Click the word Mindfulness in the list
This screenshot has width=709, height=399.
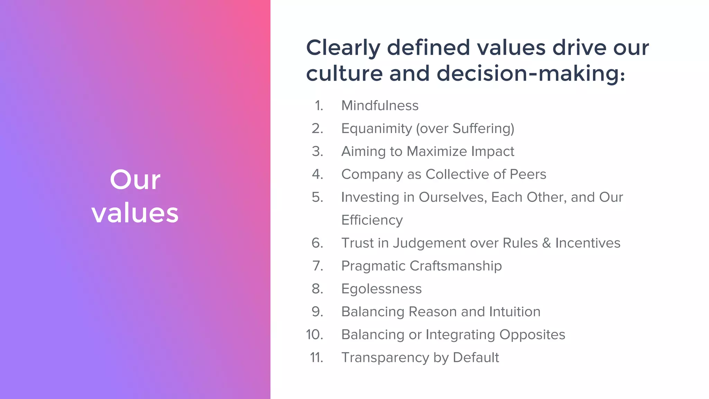[380, 106]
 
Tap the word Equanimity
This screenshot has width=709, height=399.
[377, 128]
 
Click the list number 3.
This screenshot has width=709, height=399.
[317, 151]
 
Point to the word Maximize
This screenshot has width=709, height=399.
[437, 151]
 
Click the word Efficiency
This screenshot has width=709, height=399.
[372, 220]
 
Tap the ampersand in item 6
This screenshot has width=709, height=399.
[547, 243]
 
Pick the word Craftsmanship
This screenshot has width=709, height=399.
[456, 266]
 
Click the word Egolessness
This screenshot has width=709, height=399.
[382, 289]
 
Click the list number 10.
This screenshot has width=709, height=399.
[314, 335]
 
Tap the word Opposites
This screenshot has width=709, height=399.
[532, 335]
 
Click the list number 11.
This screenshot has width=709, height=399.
[316, 357]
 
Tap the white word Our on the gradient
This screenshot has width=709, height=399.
[135, 180]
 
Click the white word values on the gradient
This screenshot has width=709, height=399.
[135, 212]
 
